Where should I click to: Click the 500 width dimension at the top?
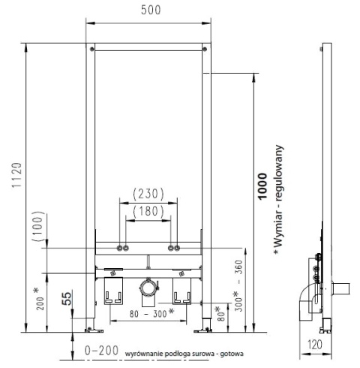[148, 11]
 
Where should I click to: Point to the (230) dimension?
[148, 193]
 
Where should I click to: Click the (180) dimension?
[148, 212]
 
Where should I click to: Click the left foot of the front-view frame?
[92, 327]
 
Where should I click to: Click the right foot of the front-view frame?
[203, 327]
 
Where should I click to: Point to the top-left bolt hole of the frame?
[93, 50]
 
